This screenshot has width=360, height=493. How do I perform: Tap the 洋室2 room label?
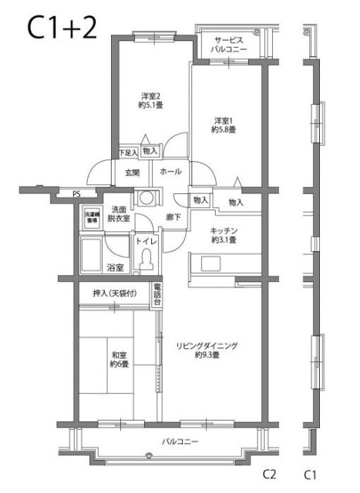[x=150, y=101]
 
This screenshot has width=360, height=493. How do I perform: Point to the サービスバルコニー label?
[x=229, y=45]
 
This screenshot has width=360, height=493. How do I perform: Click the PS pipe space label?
[x=76, y=194]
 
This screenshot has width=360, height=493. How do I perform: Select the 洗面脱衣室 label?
[x=119, y=214]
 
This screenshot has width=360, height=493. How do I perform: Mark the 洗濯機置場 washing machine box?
[x=91, y=216]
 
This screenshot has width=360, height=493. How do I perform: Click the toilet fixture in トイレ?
[x=144, y=261]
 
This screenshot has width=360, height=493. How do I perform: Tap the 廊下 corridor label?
[x=173, y=218]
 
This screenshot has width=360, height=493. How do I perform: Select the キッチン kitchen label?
[x=224, y=235]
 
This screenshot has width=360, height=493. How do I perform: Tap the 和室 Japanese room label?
[x=119, y=359]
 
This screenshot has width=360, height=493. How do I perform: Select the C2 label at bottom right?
[x=270, y=472]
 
